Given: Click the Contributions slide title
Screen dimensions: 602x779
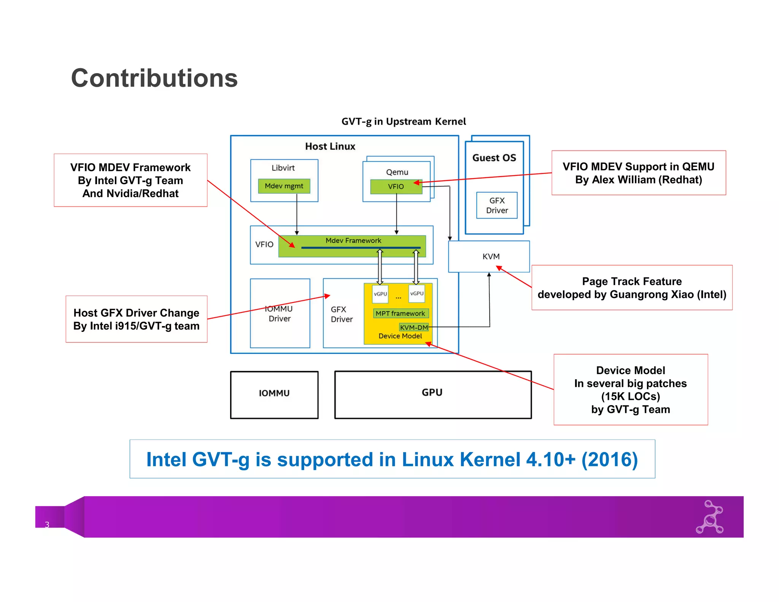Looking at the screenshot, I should (x=154, y=78).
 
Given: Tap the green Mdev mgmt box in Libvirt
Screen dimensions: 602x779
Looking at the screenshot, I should (x=284, y=186).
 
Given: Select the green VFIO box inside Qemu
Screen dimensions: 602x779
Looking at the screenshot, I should (x=396, y=186).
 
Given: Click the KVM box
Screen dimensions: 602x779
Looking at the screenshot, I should (x=490, y=256).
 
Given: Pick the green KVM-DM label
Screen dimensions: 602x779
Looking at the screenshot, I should (x=413, y=327).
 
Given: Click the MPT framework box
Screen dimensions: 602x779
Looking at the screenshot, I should (x=400, y=314).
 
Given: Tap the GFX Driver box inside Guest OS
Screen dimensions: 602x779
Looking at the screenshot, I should (x=497, y=205).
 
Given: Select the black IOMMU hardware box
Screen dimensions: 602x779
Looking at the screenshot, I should (x=274, y=395).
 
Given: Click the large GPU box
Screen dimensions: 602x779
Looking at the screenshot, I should (x=432, y=394).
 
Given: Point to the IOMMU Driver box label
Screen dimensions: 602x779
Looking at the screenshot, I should (x=279, y=314).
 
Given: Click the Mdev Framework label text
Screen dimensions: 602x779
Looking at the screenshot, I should (x=353, y=240).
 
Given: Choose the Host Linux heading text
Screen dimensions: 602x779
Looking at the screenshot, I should (x=330, y=147).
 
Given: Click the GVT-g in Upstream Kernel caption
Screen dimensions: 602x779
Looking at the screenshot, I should (x=403, y=122).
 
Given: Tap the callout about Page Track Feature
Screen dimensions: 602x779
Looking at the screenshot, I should (x=631, y=288).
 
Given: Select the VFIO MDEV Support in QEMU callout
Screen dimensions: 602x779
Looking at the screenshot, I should (x=638, y=173).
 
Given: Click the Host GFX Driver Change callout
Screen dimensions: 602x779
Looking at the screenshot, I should (x=136, y=319).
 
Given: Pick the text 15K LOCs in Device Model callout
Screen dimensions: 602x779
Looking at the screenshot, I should (x=630, y=397).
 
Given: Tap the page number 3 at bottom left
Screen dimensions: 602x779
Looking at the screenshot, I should (x=47, y=524).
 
